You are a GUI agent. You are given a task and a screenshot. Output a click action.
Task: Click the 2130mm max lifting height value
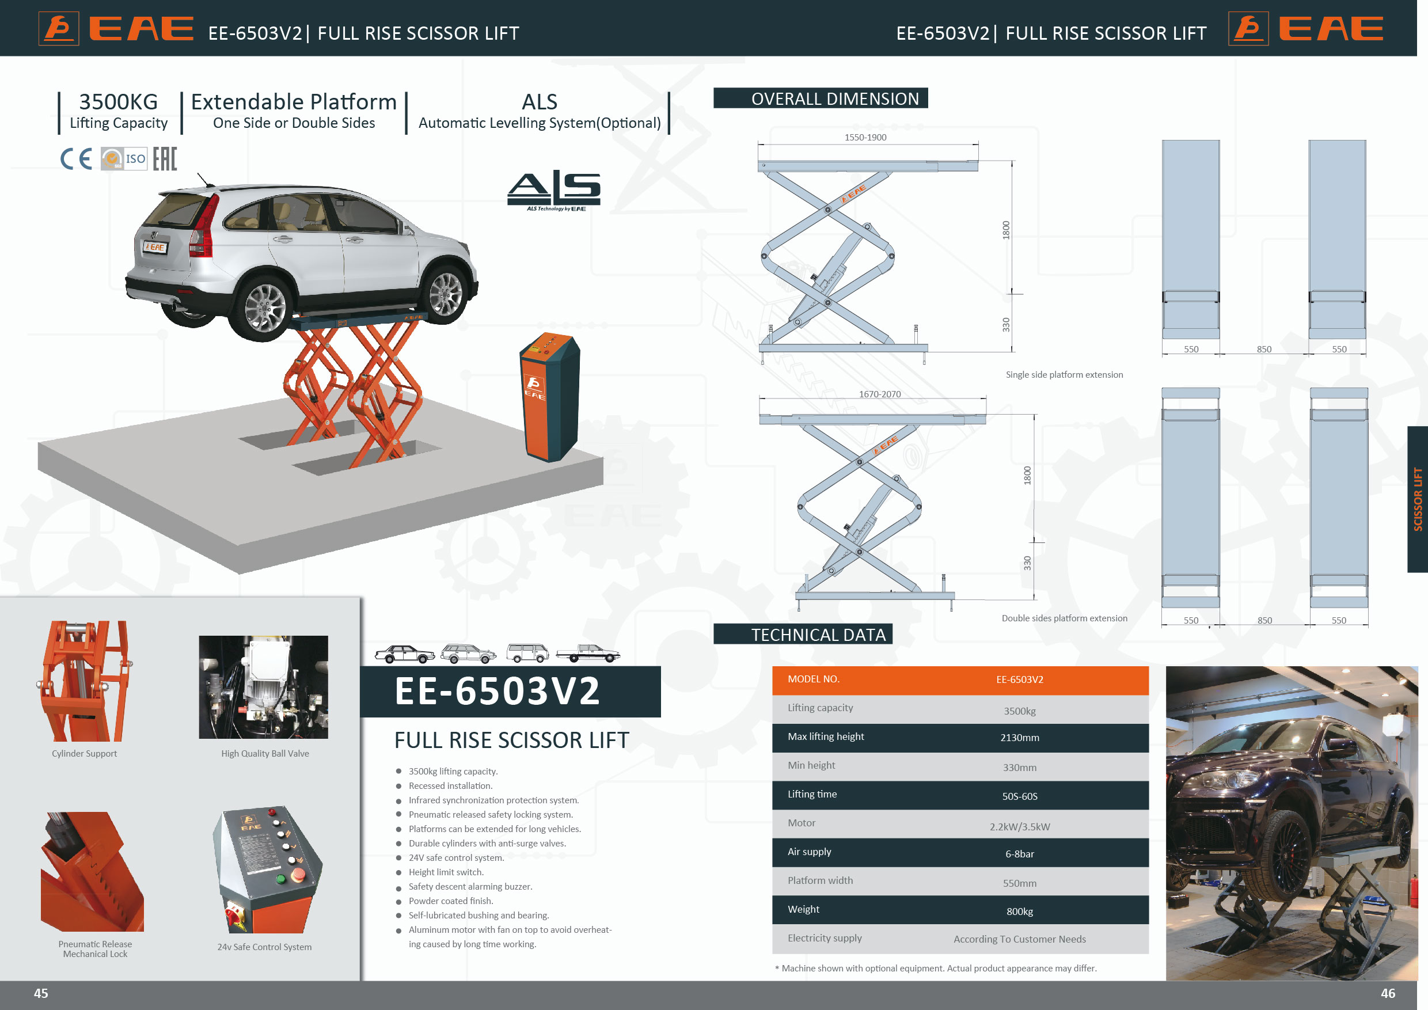click(1019, 738)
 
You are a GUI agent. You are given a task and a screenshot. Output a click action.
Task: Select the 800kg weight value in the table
click(1019, 912)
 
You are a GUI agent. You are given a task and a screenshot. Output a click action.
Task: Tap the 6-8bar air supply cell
click(1019, 854)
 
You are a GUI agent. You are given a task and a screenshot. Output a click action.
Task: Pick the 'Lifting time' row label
click(812, 794)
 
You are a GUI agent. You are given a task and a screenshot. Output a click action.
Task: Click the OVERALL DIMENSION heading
click(835, 99)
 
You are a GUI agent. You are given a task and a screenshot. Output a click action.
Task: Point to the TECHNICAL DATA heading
click(818, 635)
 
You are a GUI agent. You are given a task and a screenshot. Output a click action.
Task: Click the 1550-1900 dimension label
click(865, 138)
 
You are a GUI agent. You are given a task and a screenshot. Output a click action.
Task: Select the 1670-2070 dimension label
click(879, 394)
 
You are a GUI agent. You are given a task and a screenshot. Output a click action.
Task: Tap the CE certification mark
click(76, 158)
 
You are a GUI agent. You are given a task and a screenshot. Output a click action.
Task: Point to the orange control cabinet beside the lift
click(550, 397)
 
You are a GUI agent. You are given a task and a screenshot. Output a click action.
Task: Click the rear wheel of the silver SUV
click(265, 308)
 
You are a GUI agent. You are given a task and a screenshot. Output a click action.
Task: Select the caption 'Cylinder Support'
click(84, 754)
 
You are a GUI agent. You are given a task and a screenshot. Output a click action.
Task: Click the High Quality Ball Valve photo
click(263, 687)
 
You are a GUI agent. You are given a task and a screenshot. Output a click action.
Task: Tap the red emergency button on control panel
click(298, 875)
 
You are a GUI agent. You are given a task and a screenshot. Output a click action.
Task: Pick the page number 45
click(41, 994)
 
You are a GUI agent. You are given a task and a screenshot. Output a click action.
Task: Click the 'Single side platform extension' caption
click(1064, 375)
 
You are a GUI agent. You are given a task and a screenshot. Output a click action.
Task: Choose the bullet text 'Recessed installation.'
click(450, 786)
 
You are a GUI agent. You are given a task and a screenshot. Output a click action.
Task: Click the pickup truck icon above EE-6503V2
click(588, 654)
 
